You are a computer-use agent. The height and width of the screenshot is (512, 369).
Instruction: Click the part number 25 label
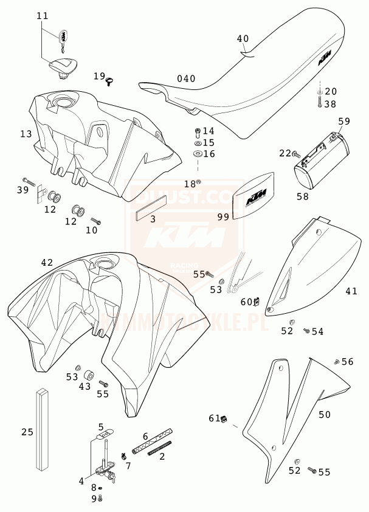(27, 432)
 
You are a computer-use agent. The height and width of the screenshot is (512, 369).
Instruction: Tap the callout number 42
(47, 263)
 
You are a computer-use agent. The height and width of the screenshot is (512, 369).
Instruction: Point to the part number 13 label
(26, 133)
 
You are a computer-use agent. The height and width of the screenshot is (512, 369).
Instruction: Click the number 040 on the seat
(186, 78)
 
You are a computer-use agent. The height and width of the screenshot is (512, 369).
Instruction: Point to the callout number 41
(351, 291)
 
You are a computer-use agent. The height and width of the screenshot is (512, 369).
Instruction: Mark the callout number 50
(325, 414)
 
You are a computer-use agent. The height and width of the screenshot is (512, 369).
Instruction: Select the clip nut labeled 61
(224, 418)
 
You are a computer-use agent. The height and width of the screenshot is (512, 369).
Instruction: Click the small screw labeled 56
(336, 362)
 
